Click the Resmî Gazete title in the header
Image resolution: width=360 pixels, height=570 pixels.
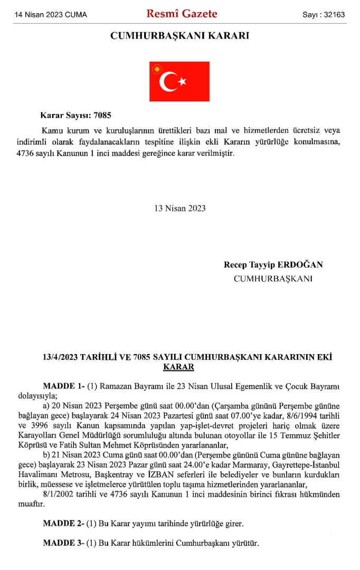pyautogui.click(x=182, y=14)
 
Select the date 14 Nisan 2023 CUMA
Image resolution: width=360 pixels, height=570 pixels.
pyautogui.click(x=51, y=15)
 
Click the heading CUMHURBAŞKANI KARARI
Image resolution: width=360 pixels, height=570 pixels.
pyautogui.click(x=179, y=36)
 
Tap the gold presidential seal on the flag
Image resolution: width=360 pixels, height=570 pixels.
pyautogui.click(x=156, y=69)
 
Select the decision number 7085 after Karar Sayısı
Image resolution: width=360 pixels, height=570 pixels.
pyautogui.click(x=104, y=115)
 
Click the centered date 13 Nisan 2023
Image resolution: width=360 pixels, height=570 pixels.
pyautogui.click(x=180, y=208)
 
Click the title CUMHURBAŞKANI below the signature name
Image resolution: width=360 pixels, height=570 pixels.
pyautogui.click(x=273, y=278)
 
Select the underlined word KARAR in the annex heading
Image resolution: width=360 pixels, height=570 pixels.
pyautogui.click(x=179, y=367)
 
